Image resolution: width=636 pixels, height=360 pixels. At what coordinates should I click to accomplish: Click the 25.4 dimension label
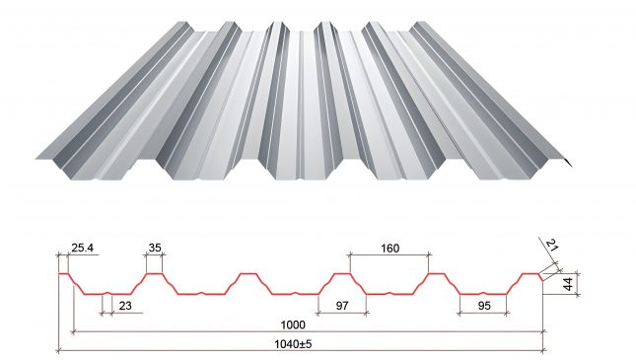pyautogui.click(x=83, y=248)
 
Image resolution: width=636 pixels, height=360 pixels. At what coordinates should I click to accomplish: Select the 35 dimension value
pyautogui.click(x=155, y=248)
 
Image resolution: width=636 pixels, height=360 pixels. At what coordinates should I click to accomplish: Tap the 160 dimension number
pyautogui.click(x=389, y=248)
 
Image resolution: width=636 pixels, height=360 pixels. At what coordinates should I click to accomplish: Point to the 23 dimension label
pyautogui.click(x=125, y=306)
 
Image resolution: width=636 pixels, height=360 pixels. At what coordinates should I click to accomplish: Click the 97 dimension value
pyautogui.click(x=342, y=306)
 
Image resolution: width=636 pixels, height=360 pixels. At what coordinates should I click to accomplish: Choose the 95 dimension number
pyautogui.click(x=484, y=306)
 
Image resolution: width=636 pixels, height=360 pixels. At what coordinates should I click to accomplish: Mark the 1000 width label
pyautogui.click(x=293, y=324)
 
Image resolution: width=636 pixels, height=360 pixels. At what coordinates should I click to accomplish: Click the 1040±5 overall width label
pyautogui.click(x=293, y=344)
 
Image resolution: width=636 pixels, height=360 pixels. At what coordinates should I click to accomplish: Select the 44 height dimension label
pyautogui.click(x=568, y=284)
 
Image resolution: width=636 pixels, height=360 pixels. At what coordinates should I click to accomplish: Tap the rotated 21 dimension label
pyautogui.click(x=551, y=246)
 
